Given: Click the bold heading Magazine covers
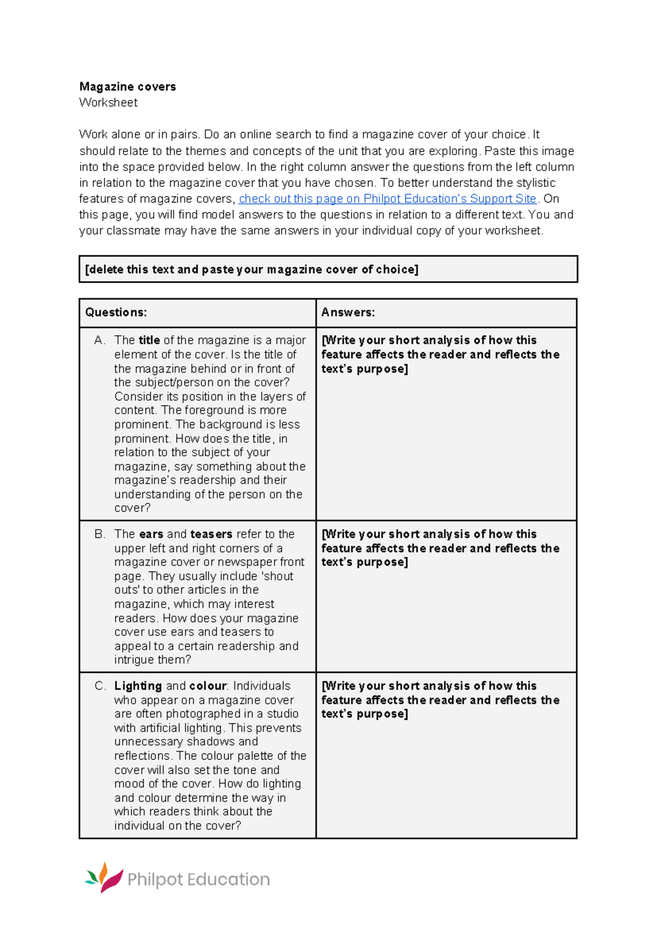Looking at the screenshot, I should pyautogui.click(x=128, y=87).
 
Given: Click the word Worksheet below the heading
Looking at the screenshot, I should pyautogui.click(x=108, y=102).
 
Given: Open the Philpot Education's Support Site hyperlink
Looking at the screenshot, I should pyautogui.click(x=387, y=199).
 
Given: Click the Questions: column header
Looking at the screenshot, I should pyautogui.click(x=116, y=312).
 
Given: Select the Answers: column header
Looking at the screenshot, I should pyautogui.click(x=348, y=312).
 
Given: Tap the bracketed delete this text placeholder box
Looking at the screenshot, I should pyautogui.click(x=252, y=269).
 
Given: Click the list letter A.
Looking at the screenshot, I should pyautogui.click(x=99, y=340).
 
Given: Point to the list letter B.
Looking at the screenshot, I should pyautogui.click(x=99, y=534).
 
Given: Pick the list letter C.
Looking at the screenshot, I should pyautogui.click(x=99, y=686).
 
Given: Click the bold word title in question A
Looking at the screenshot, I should pyautogui.click(x=149, y=340).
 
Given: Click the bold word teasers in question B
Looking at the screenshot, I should pyautogui.click(x=211, y=534).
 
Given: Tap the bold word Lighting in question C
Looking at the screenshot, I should pyautogui.click(x=138, y=686).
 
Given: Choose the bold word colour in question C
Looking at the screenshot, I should pyautogui.click(x=208, y=686).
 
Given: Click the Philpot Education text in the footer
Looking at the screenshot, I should pyautogui.click(x=198, y=879).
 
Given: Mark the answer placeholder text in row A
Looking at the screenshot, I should pyautogui.click(x=440, y=354).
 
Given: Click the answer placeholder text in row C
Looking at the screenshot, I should pyautogui.click(x=440, y=700).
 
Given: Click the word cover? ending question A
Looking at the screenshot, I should pyautogui.click(x=132, y=508).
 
